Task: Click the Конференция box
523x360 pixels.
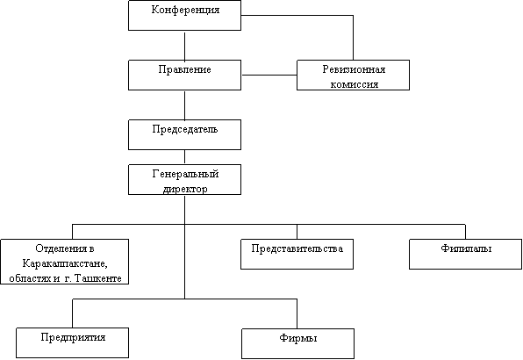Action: [184, 15]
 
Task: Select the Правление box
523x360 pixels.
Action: [184, 75]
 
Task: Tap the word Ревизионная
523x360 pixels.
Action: [354, 69]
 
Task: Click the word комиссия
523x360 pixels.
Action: [355, 84]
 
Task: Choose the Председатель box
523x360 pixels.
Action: [184, 135]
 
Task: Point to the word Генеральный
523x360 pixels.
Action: [185, 174]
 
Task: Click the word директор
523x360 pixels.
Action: [185, 189]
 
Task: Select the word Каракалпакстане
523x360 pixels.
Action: [65, 263]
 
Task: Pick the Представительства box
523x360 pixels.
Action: [297, 254]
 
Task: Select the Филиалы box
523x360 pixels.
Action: [465, 254]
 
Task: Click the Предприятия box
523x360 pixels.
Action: [72, 342]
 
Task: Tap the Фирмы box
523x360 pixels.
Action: [297, 343]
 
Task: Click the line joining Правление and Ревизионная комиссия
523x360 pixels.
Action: [269, 75]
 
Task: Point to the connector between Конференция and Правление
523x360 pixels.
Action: [184, 46]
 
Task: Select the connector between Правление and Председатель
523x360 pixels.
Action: [184, 105]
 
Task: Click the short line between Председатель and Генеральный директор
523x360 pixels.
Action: [184, 157]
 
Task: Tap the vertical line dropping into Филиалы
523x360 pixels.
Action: [465, 232]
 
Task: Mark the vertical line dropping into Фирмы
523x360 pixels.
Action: [297, 313]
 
